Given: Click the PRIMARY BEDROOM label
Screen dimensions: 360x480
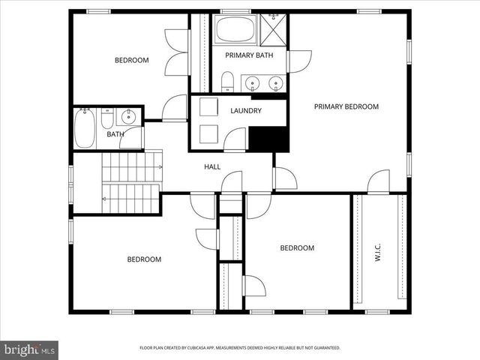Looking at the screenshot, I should pos(346,106).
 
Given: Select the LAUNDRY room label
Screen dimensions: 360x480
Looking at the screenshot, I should pos(245,111).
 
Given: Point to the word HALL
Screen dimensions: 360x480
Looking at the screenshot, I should pos(212,166).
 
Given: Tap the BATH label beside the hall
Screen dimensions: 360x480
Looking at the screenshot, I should pos(115,135).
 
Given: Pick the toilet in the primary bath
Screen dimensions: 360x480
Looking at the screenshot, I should pos(228,82).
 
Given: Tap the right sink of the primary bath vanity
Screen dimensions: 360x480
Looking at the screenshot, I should pos(276,82).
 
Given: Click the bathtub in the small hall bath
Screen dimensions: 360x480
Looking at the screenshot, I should pos(85,130).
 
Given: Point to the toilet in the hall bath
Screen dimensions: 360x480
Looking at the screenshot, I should pos(106,119).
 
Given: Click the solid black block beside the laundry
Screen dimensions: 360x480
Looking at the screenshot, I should pos(268,139).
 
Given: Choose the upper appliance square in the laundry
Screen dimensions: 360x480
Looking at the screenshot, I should pos(208,106).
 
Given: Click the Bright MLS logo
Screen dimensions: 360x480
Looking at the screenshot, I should pos(30,349).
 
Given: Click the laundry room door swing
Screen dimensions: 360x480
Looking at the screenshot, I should pos(235,139).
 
